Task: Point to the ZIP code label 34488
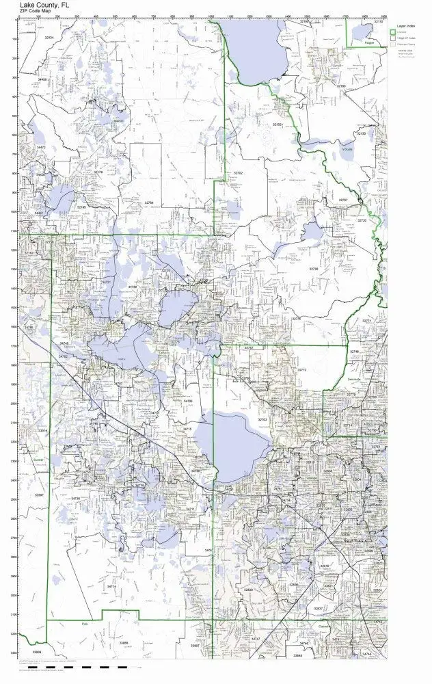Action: pyautogui.click(x=43, y=80)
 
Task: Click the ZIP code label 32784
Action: pyautogui.click(x=150, y=202)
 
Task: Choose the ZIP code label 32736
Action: pyautogui.click(x=314, y=269)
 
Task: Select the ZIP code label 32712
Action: pyautogui.click(x=301, y=370)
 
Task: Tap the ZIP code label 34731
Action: pyautogui.click(x=106, y=282)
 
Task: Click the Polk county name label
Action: pyautogui.click(x=85, y=624)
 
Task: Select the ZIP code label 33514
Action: pyautogui.click(x=42, y=431)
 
